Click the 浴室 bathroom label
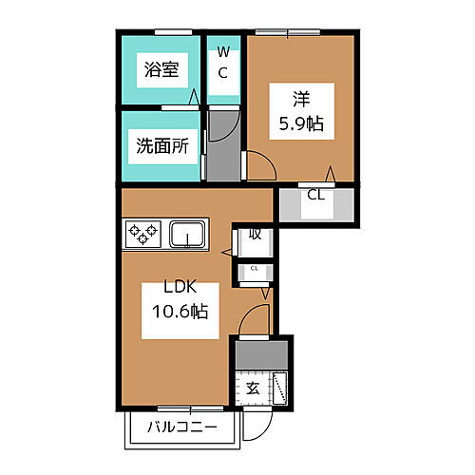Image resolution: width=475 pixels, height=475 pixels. [x=158, y=68]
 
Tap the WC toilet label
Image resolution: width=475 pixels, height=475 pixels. [x=224, y=63]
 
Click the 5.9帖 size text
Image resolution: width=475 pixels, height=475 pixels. [x=300, y=123]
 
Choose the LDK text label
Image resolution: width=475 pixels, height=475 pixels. [x=177, y=288]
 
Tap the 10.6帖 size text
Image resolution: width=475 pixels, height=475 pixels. [x=177, y=312]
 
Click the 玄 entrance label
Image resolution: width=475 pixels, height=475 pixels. [x=253, y=388]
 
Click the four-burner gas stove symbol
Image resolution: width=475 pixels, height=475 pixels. [x=144, y=233]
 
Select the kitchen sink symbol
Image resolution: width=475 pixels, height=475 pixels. [x=189, y=233]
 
